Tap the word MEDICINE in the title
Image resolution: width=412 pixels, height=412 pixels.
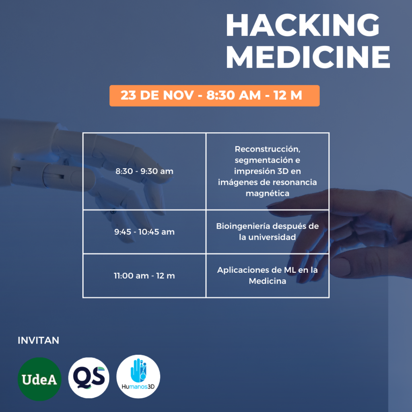click(308, 57)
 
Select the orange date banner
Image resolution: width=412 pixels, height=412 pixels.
click(214, 96)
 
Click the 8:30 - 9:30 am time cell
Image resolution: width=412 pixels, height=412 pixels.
click(144, 171)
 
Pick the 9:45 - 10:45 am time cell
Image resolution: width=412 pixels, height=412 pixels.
click(144, 232)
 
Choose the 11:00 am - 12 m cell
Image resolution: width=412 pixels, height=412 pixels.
click(144, 276)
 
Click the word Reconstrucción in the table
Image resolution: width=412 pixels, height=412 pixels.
click(268, 149)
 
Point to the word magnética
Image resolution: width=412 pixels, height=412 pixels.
click(268, 194)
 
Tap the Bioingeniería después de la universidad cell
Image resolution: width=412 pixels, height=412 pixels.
click(268, 232)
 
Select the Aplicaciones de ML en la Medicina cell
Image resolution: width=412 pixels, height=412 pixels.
click(268, 276)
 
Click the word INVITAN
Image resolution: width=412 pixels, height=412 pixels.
click(38, 340)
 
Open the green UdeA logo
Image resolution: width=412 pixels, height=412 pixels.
click(39, 379)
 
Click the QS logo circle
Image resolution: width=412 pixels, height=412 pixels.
click(89, 377)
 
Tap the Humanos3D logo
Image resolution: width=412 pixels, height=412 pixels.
click(138, 377)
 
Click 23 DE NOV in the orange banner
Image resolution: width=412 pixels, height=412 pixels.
click(157, 95)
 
